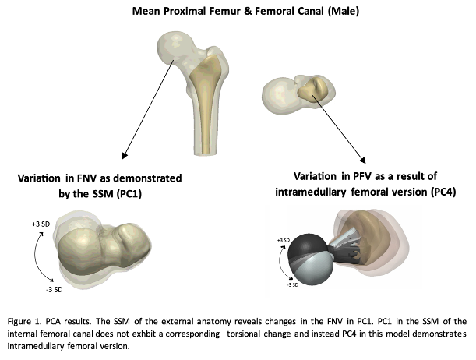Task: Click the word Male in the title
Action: pyautogui.click(x=325, y=11)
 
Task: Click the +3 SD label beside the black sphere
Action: pyautogui.click(x=284, y=239)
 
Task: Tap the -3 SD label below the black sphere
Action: pyautogui.click(x=294, y=284)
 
